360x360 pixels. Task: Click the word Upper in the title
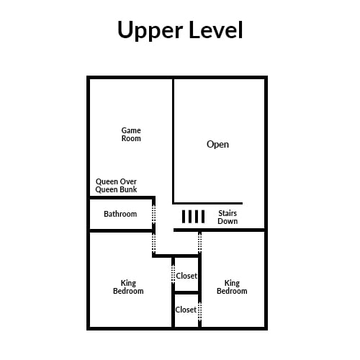150,30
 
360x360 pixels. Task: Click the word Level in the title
216,30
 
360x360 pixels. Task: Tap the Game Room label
131,135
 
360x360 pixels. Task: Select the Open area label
217,145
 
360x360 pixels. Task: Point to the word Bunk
127,189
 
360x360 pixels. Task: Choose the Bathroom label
120,214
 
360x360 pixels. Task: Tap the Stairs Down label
228,217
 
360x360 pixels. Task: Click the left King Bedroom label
128,287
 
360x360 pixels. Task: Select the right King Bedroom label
232,287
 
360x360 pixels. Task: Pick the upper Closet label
186,276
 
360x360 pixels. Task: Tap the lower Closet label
186,310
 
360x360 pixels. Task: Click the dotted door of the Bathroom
154,215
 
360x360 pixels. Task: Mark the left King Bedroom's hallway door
154,243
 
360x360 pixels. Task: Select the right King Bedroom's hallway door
199,243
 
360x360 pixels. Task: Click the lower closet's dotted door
199,311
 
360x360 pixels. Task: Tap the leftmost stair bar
184,217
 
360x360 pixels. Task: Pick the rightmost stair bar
203,217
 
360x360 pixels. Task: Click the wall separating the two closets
186,292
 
